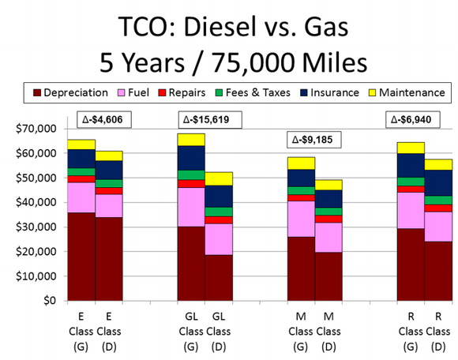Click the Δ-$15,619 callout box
[211, 120]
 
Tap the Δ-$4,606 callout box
[103, 120]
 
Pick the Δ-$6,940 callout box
[416, 120]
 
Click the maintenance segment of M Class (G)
[300, 163]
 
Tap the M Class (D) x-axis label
[328, 331]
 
